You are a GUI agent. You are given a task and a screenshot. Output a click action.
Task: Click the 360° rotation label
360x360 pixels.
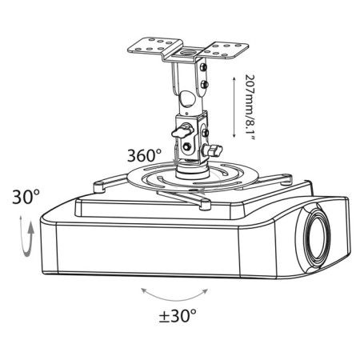point(144,155)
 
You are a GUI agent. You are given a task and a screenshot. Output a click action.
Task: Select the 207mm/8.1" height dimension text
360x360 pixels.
point(250,108)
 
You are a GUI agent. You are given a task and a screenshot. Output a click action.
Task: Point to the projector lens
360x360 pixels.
point(318,235)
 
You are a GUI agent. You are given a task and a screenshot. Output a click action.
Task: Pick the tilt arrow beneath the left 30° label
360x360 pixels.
point(26,236)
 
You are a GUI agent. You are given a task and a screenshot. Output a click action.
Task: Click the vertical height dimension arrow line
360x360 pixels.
point(234,107)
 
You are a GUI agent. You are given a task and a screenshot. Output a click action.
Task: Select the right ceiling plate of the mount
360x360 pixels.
point(226,50)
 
